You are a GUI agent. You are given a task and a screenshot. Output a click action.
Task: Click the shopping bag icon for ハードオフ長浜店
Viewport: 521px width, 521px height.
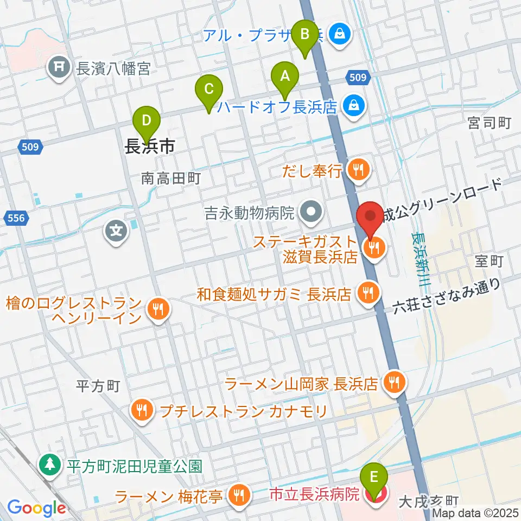354,105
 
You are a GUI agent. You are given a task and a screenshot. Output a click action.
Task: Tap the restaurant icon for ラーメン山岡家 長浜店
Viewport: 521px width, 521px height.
393,383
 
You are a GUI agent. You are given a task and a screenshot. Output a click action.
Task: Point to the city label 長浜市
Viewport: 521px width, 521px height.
150,146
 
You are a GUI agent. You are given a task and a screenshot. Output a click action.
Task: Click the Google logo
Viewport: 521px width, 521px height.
37,509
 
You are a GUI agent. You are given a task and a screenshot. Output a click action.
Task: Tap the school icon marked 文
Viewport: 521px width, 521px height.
116,232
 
